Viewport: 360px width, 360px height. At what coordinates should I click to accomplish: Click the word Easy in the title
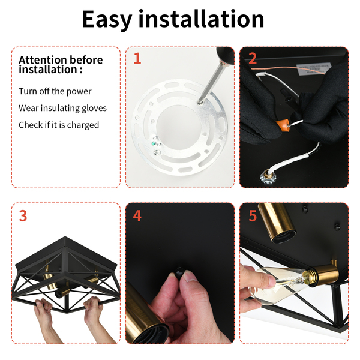[x=107, y=20]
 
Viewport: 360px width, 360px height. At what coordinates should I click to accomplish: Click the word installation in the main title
[x=201, y=19]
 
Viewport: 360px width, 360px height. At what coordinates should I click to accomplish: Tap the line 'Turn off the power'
[x=55, y=91]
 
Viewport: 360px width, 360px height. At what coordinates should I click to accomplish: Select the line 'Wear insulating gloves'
[x=62, y=108]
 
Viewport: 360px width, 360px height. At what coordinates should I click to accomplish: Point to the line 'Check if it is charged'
[x=59, y=125]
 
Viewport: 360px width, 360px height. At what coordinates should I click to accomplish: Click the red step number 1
[x=137, y=58]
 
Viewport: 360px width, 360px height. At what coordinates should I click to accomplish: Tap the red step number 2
[x=253, y=58]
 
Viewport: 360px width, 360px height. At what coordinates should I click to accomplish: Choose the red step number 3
[x=23, y=215]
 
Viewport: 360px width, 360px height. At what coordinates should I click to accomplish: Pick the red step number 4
[x=137, y=215]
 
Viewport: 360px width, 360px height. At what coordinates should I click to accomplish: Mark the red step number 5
[x=253, y=215]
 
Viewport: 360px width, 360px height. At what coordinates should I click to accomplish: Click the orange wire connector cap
[x=282, y=125]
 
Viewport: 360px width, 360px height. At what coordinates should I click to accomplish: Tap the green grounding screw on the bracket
[x=154, y=144]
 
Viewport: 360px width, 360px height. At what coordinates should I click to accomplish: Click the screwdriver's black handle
[x=225, y=56]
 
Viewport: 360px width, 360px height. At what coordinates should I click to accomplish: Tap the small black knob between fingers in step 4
[x=179, y=271]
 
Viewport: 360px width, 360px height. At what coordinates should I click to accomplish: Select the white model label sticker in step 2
[x=314, y=68]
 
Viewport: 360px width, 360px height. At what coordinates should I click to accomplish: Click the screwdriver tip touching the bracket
[x=200, y=103]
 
